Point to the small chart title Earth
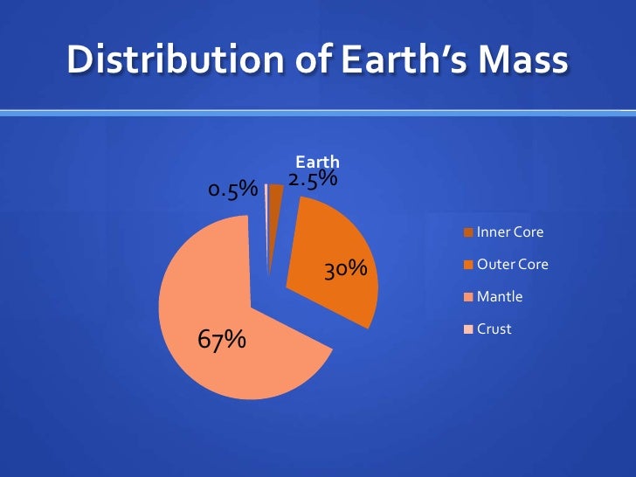[317, 162]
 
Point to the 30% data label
[344, 269]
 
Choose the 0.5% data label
[232, 190]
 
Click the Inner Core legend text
[509, 232]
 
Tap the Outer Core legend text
[512, 264]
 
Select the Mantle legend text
[499, 297]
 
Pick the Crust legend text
[494, 329]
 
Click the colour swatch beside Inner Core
[468, 233]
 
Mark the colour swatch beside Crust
[468, 329]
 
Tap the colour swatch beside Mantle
[468, 297]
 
